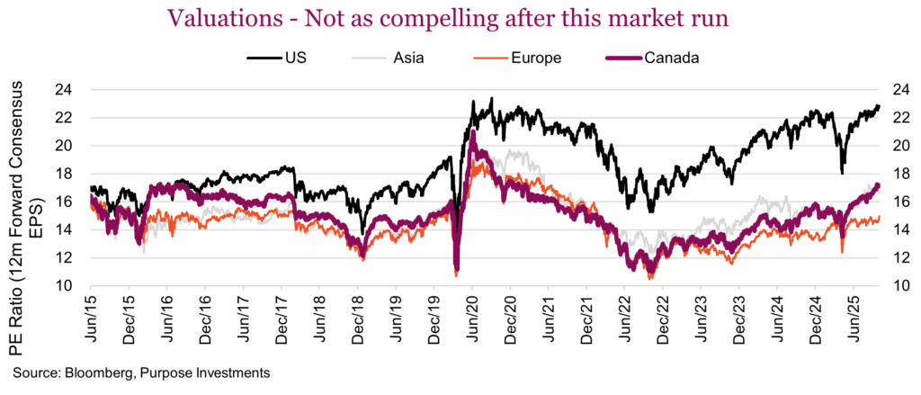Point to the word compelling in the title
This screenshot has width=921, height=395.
(487, 19)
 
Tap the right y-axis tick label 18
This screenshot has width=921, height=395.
(898, 174)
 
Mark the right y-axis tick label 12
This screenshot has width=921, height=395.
(898, 258)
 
